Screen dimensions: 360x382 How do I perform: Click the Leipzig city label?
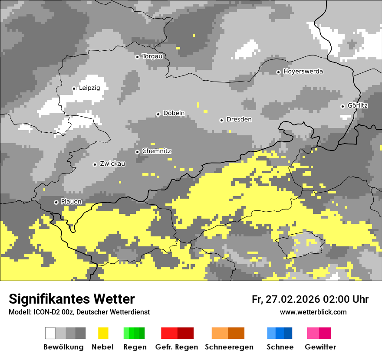point(89,88)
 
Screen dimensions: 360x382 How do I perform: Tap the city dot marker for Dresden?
point(221,120)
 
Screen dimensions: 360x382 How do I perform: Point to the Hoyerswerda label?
point(303,72)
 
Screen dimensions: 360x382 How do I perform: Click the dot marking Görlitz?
point(342,106)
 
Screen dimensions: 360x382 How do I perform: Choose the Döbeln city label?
point(174,114)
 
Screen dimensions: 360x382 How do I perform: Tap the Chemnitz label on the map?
point(156,151)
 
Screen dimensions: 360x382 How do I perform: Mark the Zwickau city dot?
point(95,164)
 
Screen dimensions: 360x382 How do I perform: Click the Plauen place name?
point(71,202)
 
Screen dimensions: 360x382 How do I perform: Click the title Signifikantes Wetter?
point(72,299)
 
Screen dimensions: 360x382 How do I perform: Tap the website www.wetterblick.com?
point(313,312)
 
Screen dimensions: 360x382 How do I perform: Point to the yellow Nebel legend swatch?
point(103,333)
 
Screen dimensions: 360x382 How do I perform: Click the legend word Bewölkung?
point(63,347)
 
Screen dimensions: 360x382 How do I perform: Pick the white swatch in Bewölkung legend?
point(50,333)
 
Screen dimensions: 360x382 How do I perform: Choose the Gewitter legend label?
point(320,347)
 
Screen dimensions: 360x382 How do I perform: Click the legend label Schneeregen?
point(229,347)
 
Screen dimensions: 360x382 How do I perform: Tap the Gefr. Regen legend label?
point(177,347)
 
